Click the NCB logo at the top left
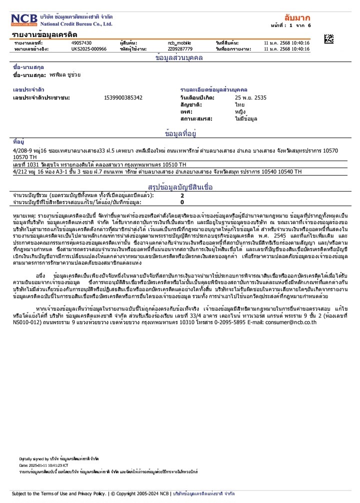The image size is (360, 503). pyautogui.click(x=24, y=20)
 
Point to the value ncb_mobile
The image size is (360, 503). pyautogui.click(x=179, y=43)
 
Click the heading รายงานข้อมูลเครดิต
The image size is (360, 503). pyautogui.click(x=44, y=34)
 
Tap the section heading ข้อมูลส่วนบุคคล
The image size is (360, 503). pyautogui.click(x=179, y=58)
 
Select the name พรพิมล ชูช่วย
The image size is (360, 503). pyautogui.click(x=65, y=74)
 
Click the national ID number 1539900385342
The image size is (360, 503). pyautogui.click(x=123, y=97)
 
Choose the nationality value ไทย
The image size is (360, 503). pyautogui.click(x=239, y=105)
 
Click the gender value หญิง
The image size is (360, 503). pyautogui.click(x=240, y=112)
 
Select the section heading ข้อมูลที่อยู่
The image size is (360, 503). pyautogui.click(x=179, y=134)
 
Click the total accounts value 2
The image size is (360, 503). pyautogui.click(x=182, y=195)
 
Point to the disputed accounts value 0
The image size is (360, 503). pyautogui.click(x=182, y=202)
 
